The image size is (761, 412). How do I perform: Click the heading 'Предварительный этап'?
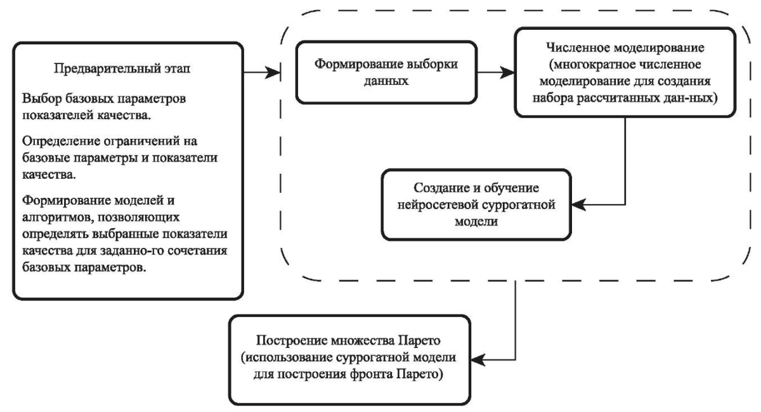pos(122,68)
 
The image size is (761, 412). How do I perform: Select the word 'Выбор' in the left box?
pos(41,99)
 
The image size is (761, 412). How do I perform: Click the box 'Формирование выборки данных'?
pos(386,72)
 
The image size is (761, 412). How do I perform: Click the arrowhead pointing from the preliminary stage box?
pos(273,72)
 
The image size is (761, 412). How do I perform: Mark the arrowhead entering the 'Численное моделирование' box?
pos(507,72)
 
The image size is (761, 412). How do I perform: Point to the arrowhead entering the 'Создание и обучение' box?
pos(579,205)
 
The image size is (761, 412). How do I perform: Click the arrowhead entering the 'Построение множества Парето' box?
pos(478,359)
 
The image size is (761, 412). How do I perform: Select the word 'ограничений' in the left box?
pos(141,141)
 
